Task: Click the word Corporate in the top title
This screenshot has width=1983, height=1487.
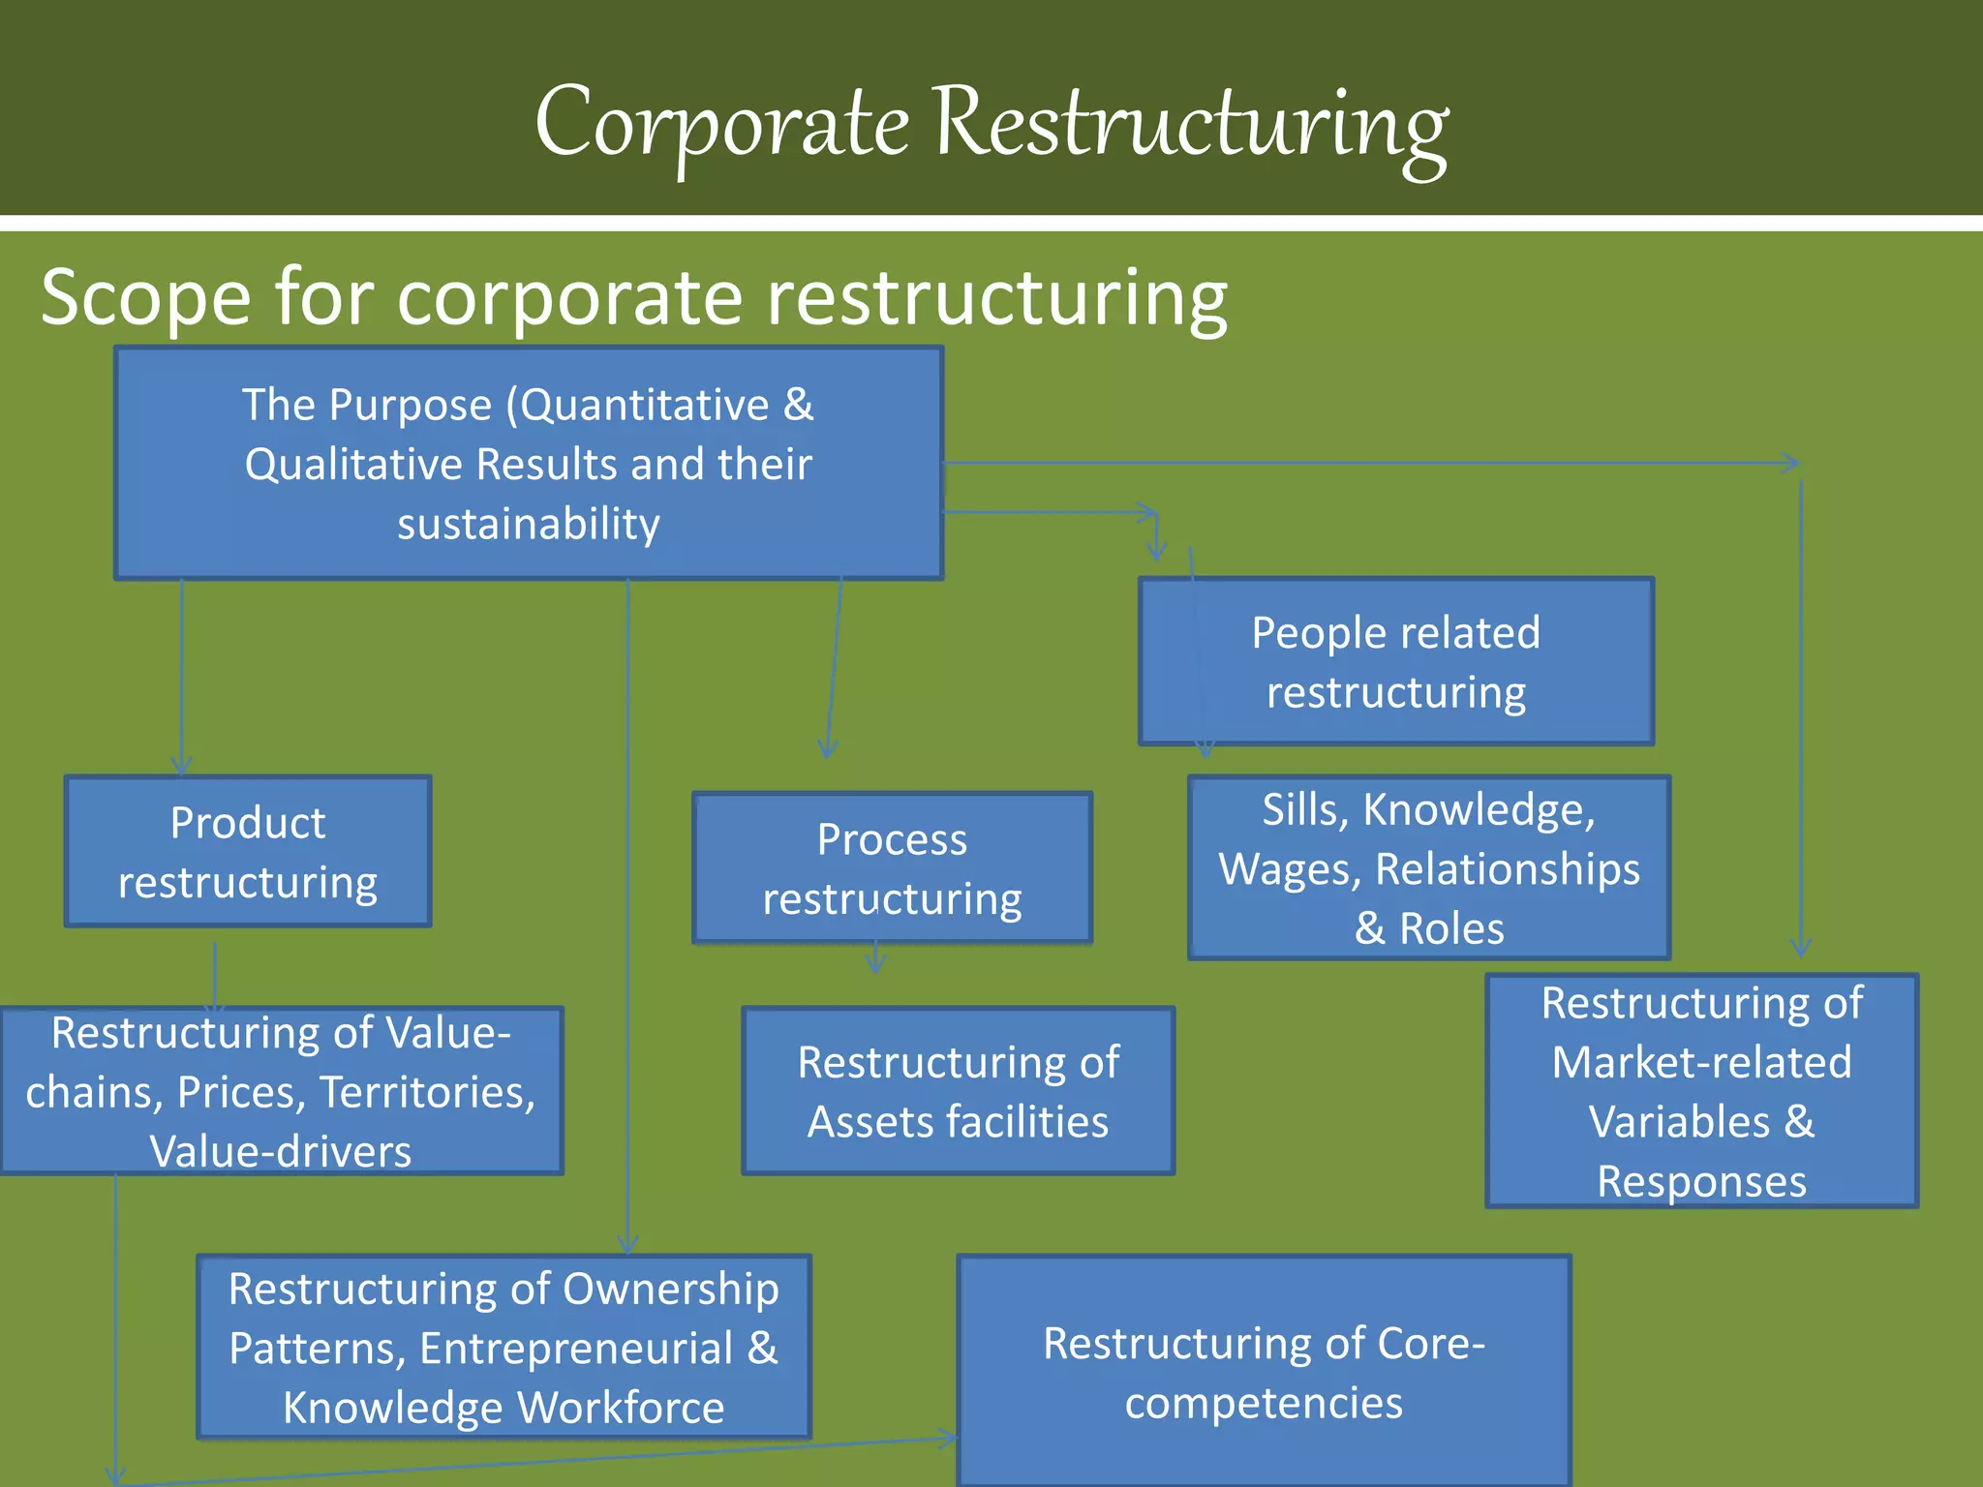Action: [721, 124]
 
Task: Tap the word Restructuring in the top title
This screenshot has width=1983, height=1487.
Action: [1191, 124]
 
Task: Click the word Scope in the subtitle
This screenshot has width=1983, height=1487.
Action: [145, 297]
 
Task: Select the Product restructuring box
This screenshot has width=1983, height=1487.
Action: [248, 852]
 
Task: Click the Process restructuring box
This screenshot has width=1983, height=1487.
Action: [892, 868]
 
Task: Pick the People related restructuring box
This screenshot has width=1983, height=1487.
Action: [1395, 662]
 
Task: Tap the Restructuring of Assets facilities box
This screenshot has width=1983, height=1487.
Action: [958, 1091]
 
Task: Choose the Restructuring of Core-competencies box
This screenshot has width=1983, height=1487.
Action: [1264, 1372]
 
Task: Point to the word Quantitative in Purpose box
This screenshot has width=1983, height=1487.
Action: [646, 405]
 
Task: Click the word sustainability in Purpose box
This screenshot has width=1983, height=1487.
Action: [529, 524]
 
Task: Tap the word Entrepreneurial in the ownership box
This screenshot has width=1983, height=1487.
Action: [576, 1349]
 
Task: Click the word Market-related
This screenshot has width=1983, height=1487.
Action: [1701, 1063]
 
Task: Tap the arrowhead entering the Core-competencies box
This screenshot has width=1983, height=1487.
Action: [949, 1439]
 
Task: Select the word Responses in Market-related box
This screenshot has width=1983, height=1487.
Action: [1701, 1182]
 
